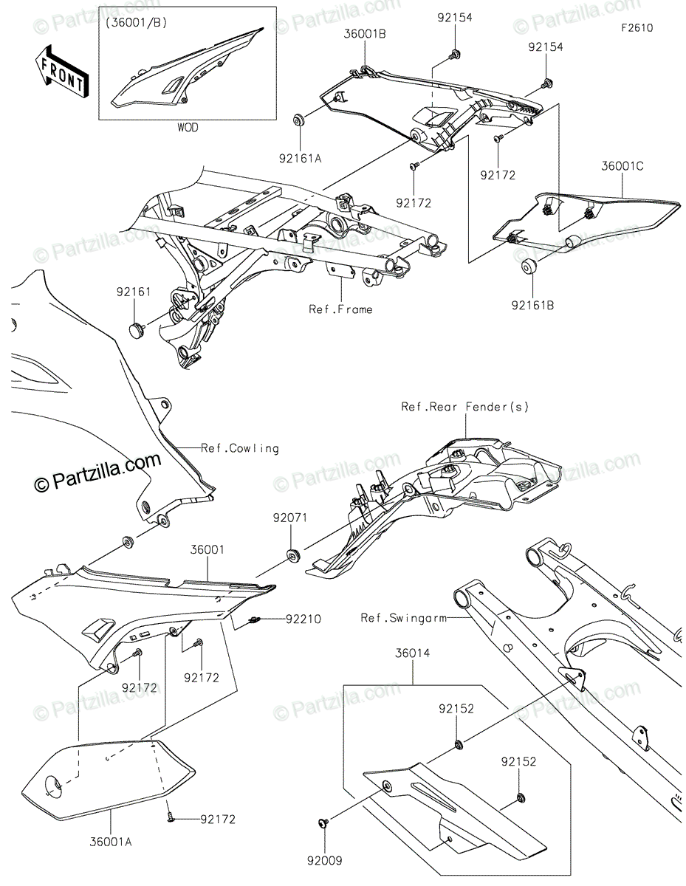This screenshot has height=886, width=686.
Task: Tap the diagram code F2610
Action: (x=637, y=28)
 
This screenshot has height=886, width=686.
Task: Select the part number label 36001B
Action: (x=364, y=34)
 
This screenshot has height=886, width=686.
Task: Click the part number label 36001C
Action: (x=622, y=166)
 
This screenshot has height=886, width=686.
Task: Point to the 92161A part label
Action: (x=300, y=159)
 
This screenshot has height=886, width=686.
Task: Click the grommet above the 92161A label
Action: (x=300, y=120)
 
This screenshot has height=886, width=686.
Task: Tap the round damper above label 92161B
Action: (x=529, y=267)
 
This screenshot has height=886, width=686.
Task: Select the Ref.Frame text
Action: (x=340, y=309)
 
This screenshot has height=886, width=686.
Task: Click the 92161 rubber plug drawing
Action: (x=136, y=329)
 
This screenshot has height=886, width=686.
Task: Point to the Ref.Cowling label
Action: (x=240, y=448)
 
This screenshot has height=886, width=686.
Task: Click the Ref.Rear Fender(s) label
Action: (x=465, y=407)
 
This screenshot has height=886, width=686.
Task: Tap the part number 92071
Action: (x=290, y=518)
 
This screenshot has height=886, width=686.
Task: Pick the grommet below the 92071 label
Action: (x=292, y=555)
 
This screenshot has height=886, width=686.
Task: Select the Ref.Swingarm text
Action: (x=403, y=618)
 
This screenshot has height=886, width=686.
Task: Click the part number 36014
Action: (x=412, y=653)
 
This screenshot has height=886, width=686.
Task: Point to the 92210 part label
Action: (x=303, y=619)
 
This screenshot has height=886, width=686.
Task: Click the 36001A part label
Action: (x=111, y=842)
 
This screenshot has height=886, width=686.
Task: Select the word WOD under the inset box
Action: (x=188, y=128)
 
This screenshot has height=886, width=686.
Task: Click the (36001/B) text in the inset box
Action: (x=137, y=23)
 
